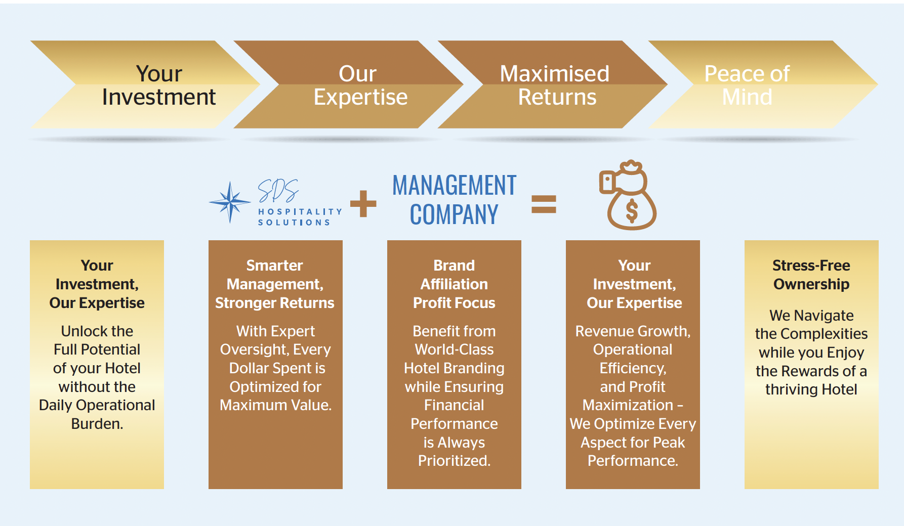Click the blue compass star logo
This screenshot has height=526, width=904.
click(x=230, y=202)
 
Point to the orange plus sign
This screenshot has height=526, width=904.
click(x=363, y=203)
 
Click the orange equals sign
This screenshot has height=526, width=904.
click(x=544, y=204)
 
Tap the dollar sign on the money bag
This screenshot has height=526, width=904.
click(x=632, y=211)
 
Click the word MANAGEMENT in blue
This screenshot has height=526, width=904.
click(x=454, y=186)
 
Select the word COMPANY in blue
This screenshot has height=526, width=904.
click(x=454, y=215)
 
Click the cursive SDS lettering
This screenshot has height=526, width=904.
click(x=278, y=191)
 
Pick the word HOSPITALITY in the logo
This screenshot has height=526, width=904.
click(x=300, y=212)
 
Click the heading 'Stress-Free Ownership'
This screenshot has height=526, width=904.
click(x=811, y=275)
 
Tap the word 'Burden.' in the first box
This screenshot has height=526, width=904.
click(x=97, y=424)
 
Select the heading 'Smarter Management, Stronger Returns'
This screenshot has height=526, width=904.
click(x=275, y=284)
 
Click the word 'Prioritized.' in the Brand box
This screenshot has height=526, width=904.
click(x=454, y=461)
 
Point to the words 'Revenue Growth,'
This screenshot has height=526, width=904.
click(x=633, y=331)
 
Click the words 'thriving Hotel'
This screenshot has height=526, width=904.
click(x=811, y=389)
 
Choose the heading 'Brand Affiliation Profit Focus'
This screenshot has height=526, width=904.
click(x=454, y=284)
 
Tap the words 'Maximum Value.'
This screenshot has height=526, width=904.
click(x=275, y=405)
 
